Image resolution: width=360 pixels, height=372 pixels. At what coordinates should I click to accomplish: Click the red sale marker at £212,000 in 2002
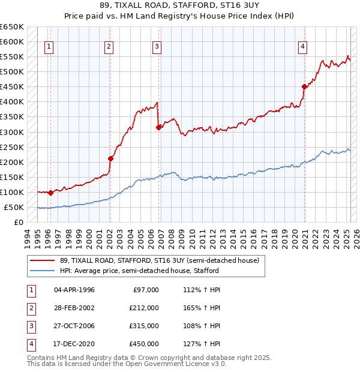click(110, 158)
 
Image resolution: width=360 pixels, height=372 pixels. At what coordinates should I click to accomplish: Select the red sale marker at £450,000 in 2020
click(304, 86)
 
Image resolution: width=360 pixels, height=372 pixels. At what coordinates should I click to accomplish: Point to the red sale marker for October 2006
click(158, 127)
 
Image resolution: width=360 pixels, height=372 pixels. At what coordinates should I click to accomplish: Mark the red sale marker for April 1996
click(50, 193)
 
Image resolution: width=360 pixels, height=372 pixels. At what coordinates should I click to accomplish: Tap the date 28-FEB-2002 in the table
click(74, 308)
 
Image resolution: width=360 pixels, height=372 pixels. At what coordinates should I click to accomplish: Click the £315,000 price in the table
click(144, 326)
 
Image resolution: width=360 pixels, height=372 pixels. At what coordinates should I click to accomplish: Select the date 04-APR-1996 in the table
click(74, 290)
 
